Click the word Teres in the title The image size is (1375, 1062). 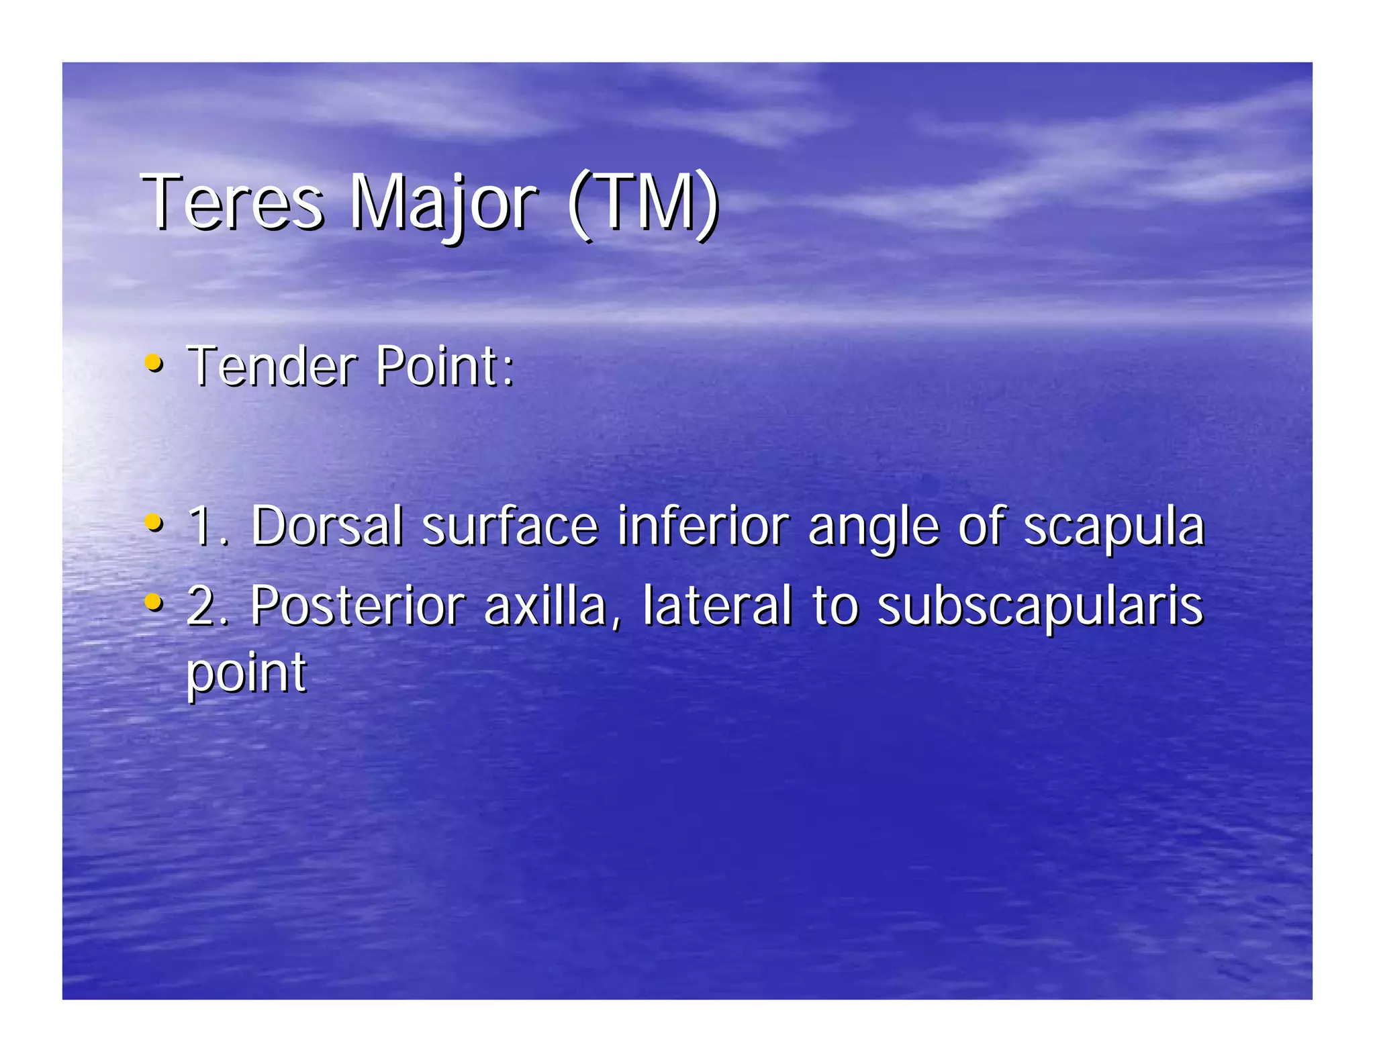tap(232, 202)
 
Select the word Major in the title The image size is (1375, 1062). tap(443, 202)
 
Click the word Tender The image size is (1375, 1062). tap(272, 367)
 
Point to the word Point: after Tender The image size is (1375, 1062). tap(444, 367)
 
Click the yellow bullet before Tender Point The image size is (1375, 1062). tap(154, 363)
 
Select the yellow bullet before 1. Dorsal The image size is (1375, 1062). tap(154, 522)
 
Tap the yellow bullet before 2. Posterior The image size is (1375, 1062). tap(154, 601)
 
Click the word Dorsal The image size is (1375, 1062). tap(327, 526)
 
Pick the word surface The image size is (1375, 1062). tap(510, 526)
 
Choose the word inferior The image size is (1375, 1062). tap(703, 526)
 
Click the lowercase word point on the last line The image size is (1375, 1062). tap(246, 673)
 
